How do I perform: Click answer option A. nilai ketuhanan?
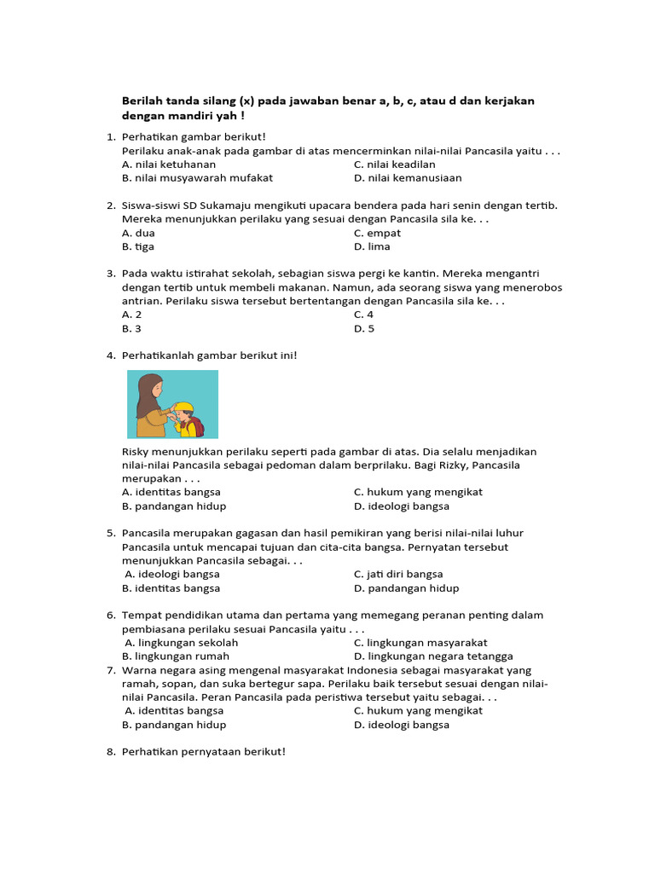(x=169, y=165)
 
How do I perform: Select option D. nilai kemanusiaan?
(x=408, y=178)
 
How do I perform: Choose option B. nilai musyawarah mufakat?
(x=197, y=178)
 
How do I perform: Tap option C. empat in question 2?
(x=377, y=233)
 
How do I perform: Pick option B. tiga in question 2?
(x=137, y=246)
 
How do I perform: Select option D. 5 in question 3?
(x=364, y=328)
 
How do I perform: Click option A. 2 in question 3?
(x=132, y=315)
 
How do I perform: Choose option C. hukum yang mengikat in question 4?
(x=418, y=492)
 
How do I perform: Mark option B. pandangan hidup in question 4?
(x=174, y=506)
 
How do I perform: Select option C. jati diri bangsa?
(x=398, y=574)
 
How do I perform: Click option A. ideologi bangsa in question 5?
(x=172, y=574)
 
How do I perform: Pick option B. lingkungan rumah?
(x=176, y=656)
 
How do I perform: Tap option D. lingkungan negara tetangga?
(x=433, y=656)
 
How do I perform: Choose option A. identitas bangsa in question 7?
(x=174, y=710)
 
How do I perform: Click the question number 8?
(x=111, y=751)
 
